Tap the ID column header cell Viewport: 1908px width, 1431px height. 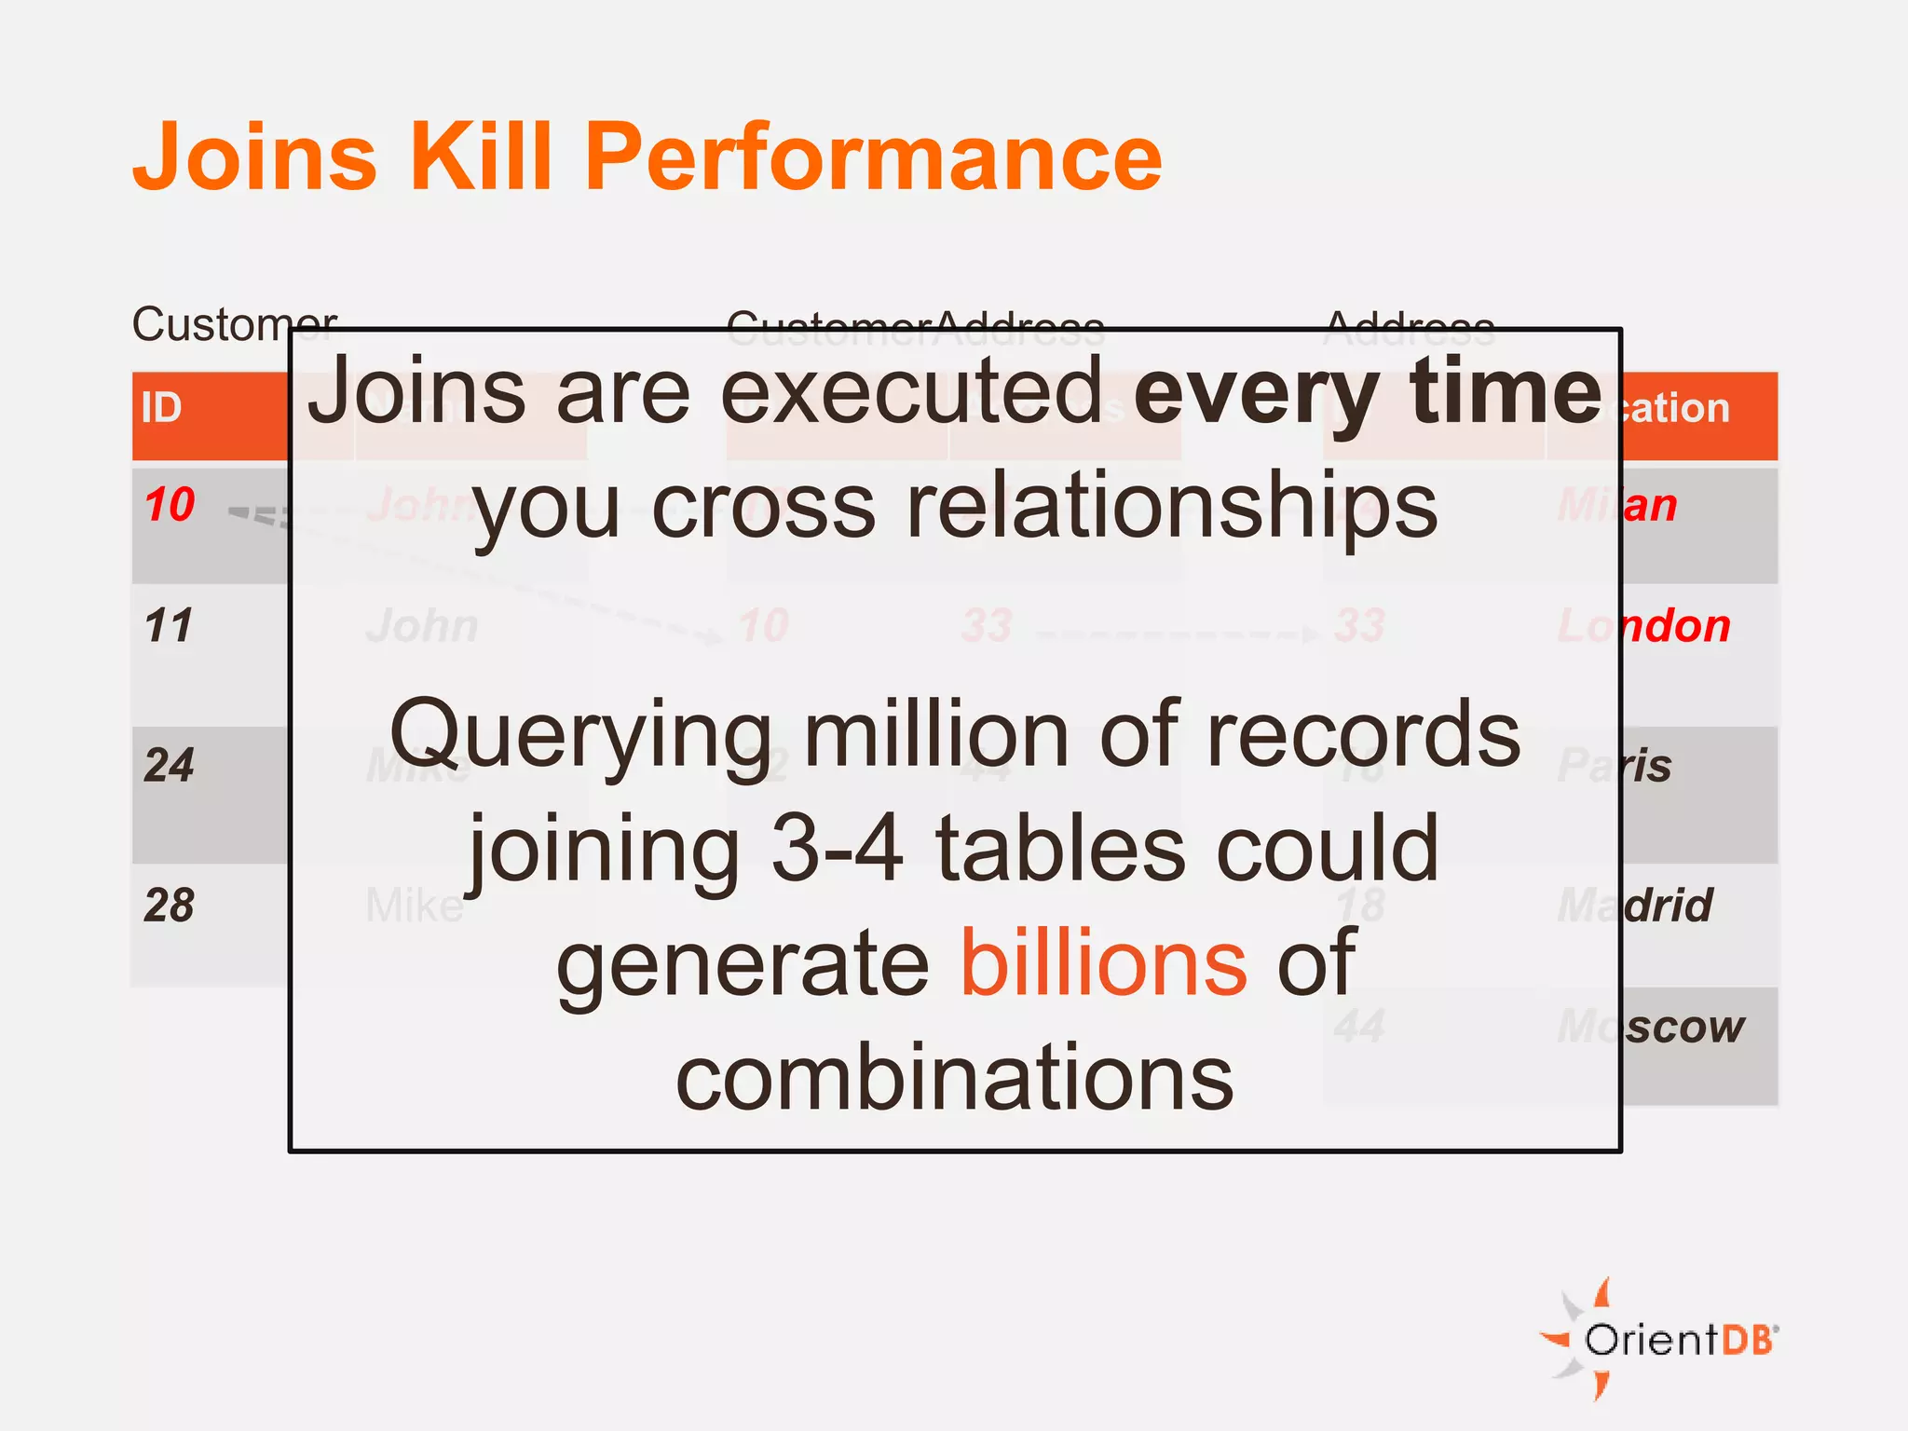coord(162,409)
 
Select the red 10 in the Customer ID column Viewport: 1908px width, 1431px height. coord(170,505)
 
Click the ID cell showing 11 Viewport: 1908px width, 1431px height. coord(169,625)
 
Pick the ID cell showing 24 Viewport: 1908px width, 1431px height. coord(169,765)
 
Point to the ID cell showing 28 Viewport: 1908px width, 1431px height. coord(169,905)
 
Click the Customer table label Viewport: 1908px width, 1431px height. coord(233,324)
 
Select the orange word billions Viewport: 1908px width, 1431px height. coord(1103,963)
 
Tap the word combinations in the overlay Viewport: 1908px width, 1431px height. coord(954,1078)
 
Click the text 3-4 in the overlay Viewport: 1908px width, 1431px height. coord(838,849)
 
